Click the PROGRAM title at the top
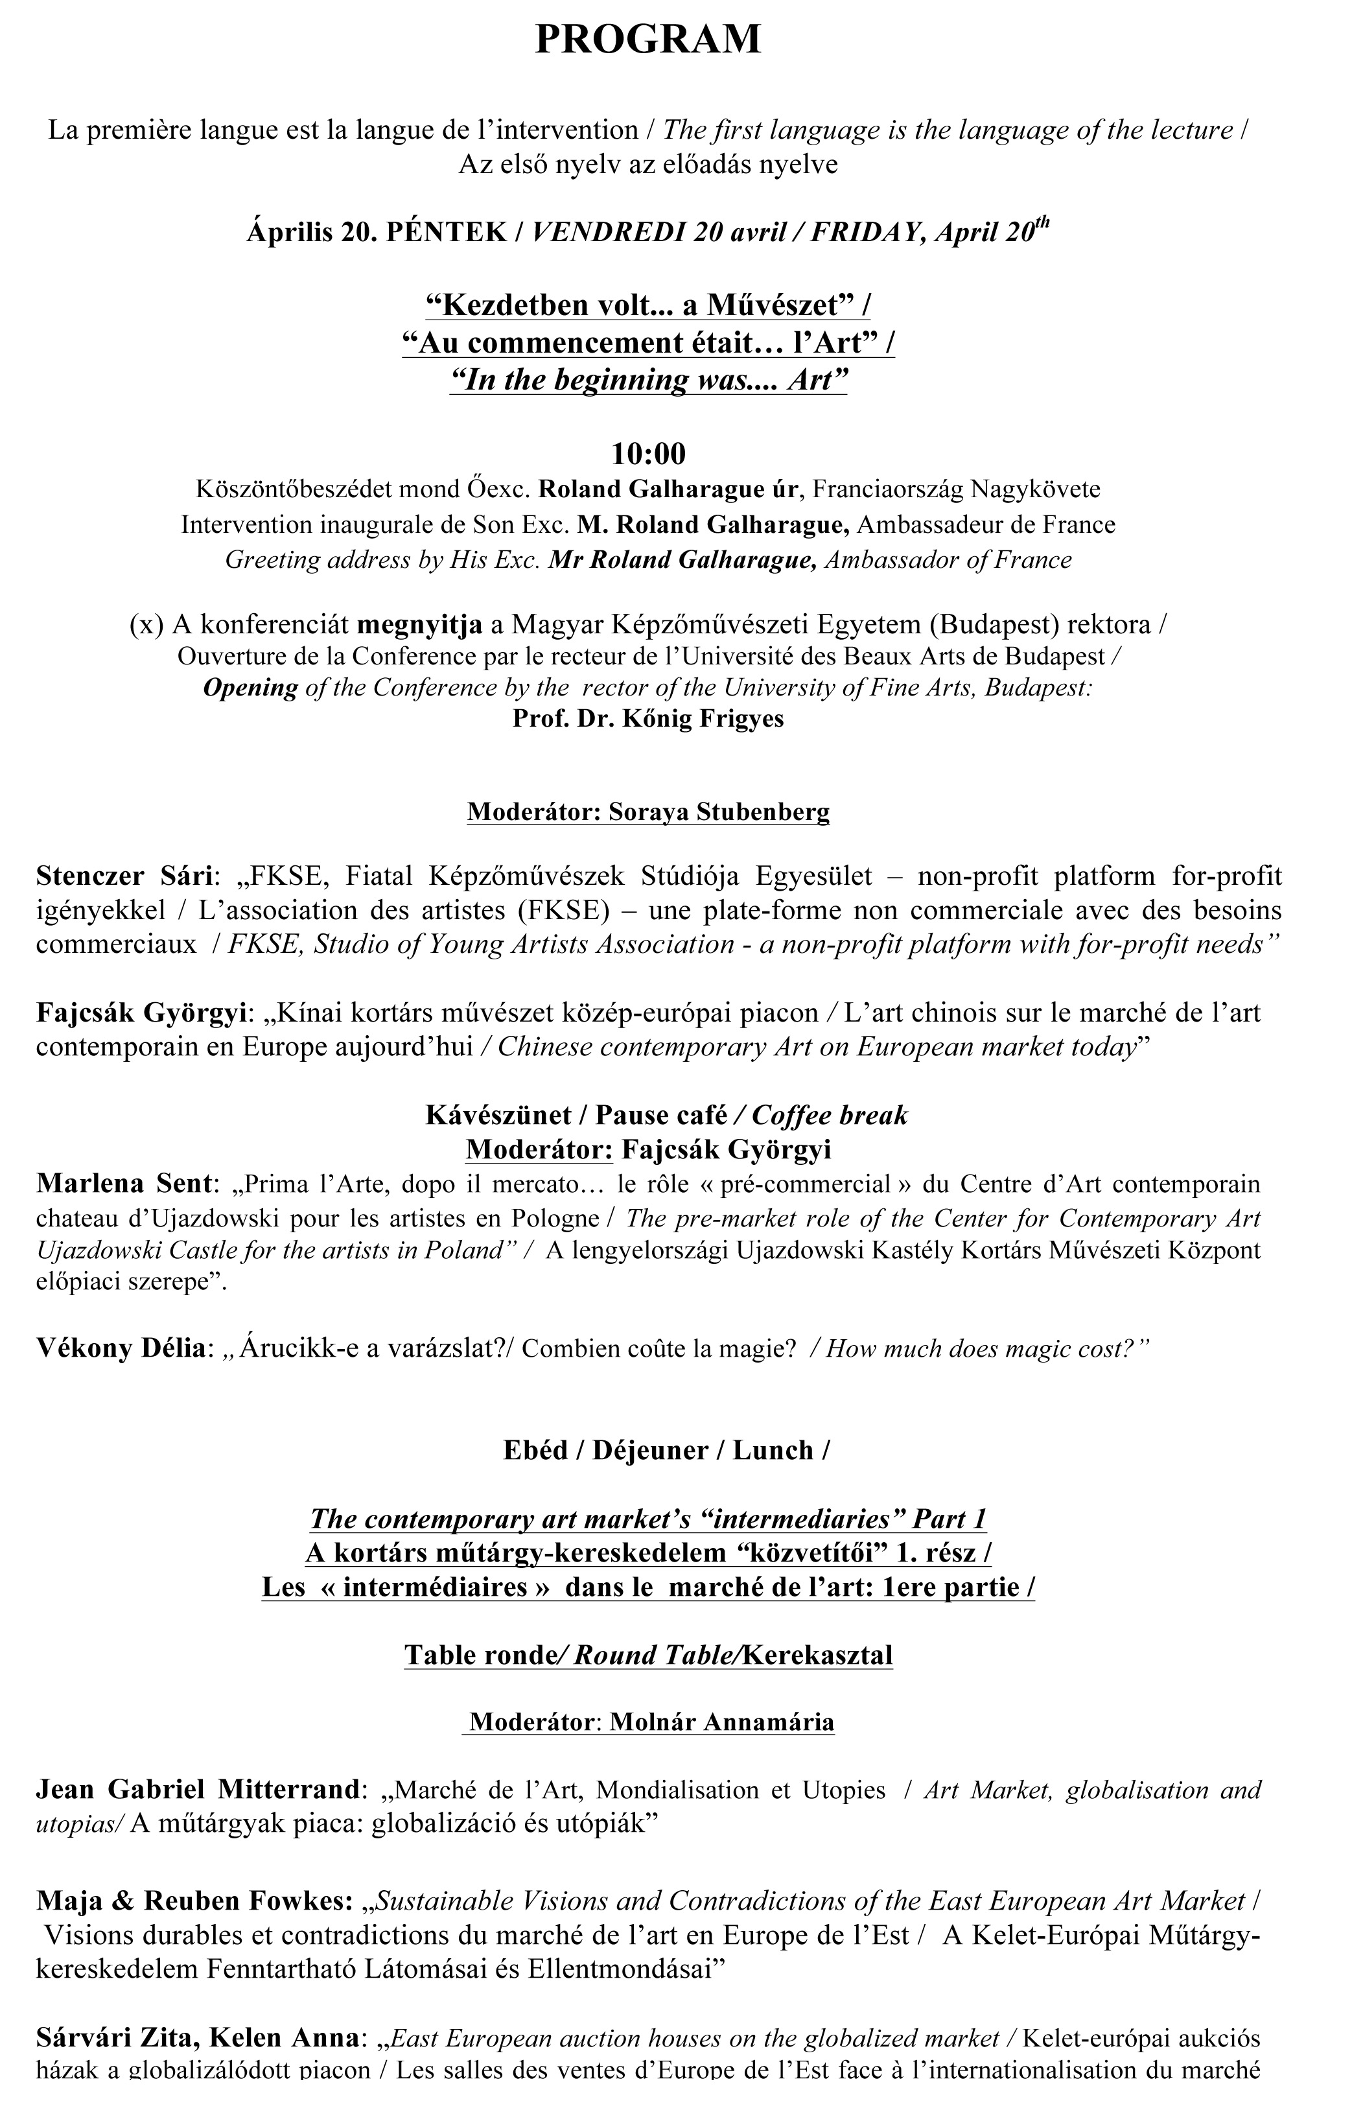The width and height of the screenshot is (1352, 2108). (648, 40)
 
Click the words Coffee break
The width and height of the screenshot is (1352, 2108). (830, 1115)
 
